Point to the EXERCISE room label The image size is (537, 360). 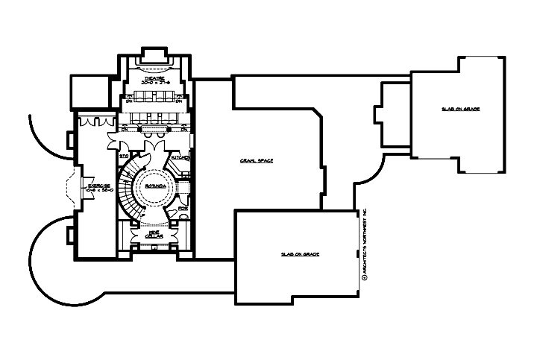click(x=98, y=185)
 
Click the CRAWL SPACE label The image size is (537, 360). click(x=257, y=160)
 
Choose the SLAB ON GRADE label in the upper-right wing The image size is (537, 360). click(x=460, y=109)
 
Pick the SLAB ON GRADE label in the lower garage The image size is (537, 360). click(x=300, y=254)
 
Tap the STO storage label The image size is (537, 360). click(x=124, y=157)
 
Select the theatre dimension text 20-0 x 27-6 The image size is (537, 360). click(x=156, y=81)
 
